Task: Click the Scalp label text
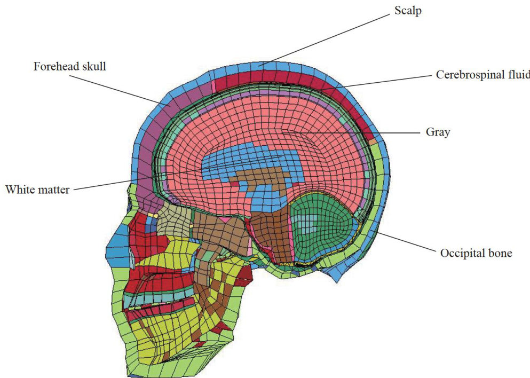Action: [x=408, y=11]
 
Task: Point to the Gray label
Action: [x=437, y=132]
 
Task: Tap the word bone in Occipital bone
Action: [x=500, y=253]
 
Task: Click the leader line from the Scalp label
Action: [x=326, y=39]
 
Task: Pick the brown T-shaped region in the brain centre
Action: [x=267, y=182]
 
